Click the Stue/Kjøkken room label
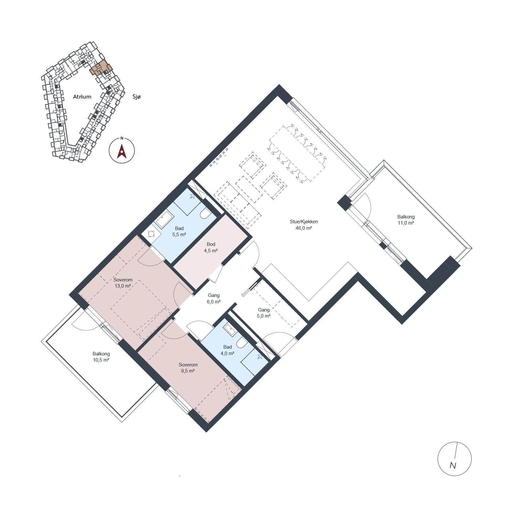(304, 222)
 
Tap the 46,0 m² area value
(304, 228)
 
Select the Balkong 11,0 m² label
(406, 220)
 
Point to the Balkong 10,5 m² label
(101, 357)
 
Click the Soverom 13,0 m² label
(123, 283)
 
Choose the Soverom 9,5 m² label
(188, 368)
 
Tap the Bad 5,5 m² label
(179, 231)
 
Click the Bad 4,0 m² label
(227, 350)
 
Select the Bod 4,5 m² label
(211, 247)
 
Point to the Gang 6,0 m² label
(214, 298)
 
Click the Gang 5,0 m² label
(264, 313)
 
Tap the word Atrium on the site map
(82, 97)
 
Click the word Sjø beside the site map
(137, 97)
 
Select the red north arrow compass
(122, 150)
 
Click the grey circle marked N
(454, 459)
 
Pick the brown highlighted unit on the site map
(100, 68)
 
